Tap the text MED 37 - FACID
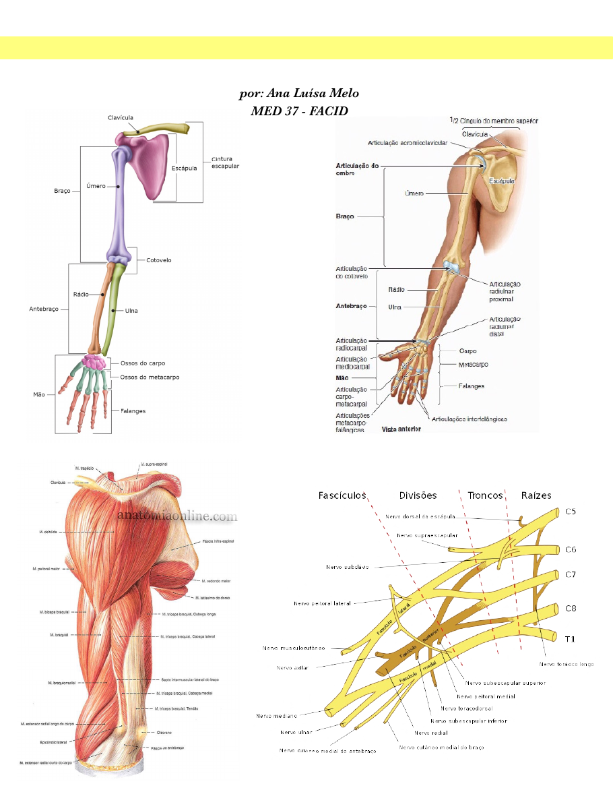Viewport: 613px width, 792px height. tap(299, 111)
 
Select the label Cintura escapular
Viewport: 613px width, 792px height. tap(225, 162)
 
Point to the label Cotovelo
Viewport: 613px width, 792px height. tap(159, 260)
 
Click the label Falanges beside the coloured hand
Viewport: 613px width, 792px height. tap(133, 410)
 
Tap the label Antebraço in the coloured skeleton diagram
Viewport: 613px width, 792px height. tap(44, 309)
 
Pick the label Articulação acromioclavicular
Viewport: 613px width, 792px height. tap(407, 143)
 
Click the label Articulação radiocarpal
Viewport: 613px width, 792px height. tap(351, 344)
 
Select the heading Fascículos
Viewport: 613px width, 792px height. tap(342, 495)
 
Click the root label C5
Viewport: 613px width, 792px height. tap(571, 512)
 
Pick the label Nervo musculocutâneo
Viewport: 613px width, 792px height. tap(294, 648)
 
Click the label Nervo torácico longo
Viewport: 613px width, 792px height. tap(567, 664)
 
